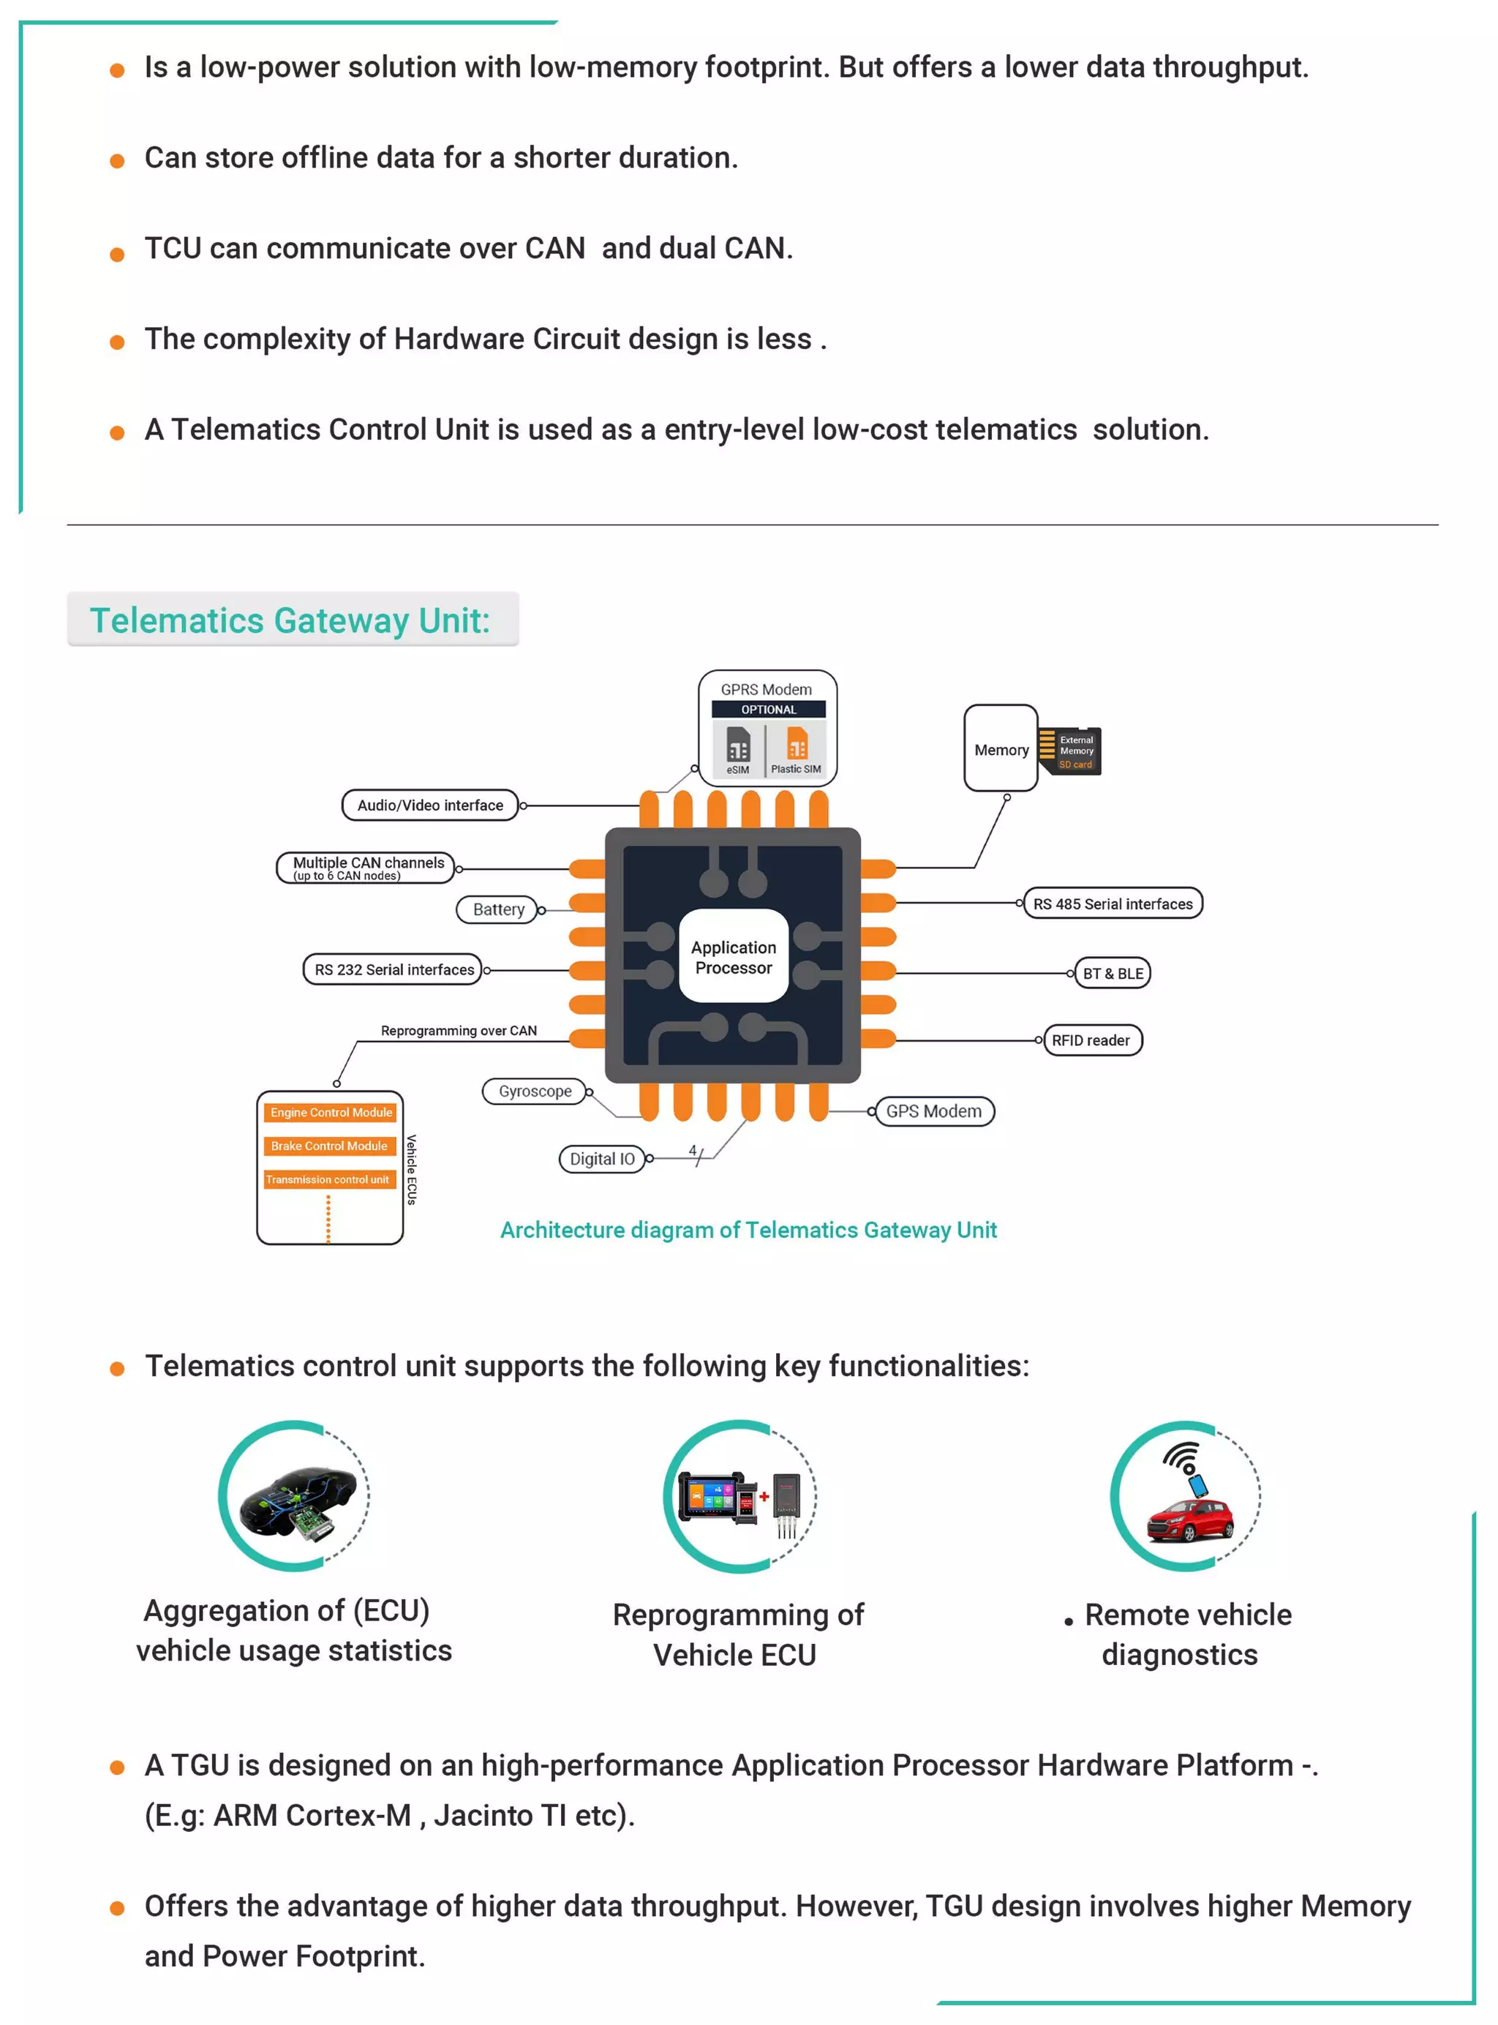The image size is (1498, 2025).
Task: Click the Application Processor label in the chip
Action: click(x=733, y=957)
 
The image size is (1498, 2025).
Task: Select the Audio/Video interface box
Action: click(x=430, y=805)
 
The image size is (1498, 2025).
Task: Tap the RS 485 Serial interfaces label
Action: click(x=1113, y=903)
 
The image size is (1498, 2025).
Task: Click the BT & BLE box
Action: click(x=1112, y=973)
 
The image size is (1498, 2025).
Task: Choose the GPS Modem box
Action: click(x=933, y=1111)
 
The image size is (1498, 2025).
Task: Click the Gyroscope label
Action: click(x=535, y=1091)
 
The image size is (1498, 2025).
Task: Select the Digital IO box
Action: click(x=602, y=1159)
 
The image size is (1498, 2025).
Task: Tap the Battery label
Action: click(x=499, y=909)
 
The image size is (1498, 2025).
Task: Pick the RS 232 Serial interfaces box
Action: click(x=394, y=969)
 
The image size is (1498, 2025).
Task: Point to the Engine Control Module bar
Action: click(x=330, y=1112)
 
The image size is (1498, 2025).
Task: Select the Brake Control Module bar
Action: click(x=329, y=1146)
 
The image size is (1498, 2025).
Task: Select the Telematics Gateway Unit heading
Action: click(x=290, y=620)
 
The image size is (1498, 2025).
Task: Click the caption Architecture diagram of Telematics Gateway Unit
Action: click(x=748, y=1230)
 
